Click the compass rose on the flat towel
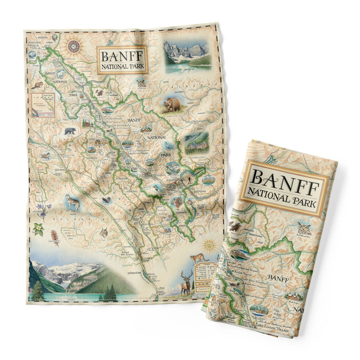(73, 46)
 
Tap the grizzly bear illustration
(173, 104)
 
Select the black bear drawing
(70, 131)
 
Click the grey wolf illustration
(73, 202)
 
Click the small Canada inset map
(43, 105)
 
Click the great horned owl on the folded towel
(304, 228)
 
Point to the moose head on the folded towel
(235, 226)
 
